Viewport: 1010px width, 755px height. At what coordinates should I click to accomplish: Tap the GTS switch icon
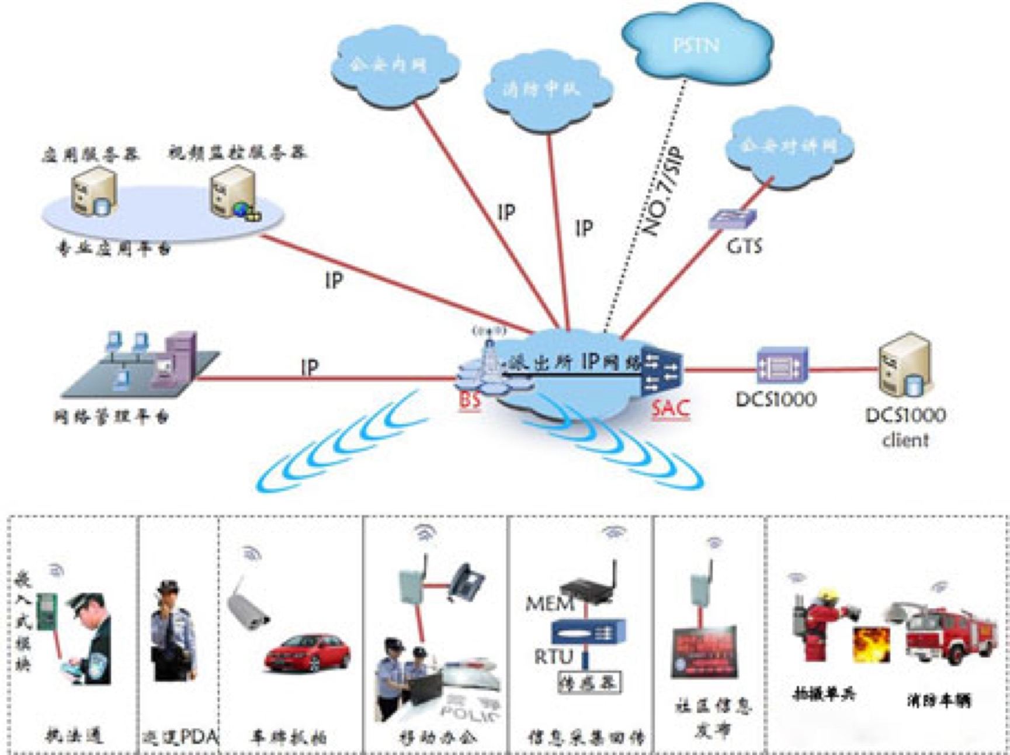(733, 219)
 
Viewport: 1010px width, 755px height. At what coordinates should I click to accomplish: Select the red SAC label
(670, 408)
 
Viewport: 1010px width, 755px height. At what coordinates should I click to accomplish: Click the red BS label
(470, 401)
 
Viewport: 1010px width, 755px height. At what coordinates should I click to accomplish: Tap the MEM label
(550, 603)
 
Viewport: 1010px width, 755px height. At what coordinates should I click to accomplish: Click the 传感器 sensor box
(589, 682)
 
